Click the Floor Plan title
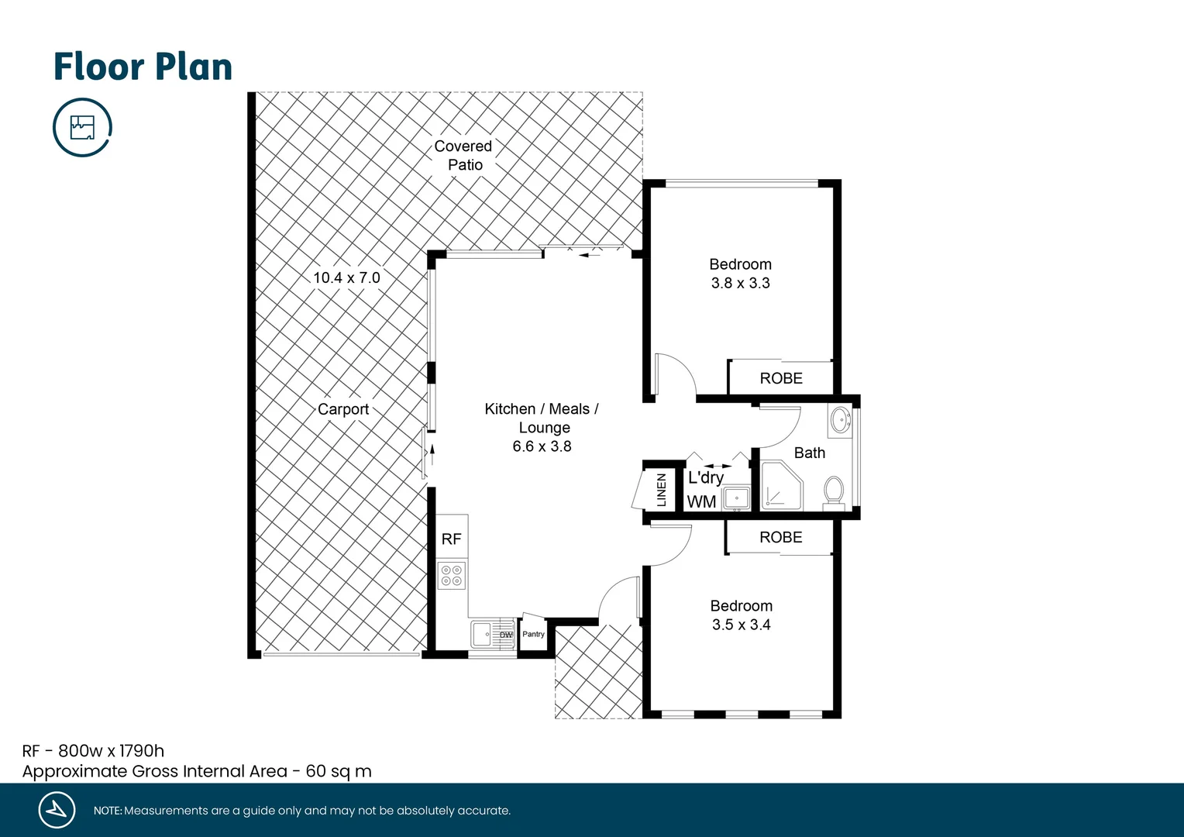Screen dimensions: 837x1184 [x=143, y=67]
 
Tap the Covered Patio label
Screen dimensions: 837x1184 [x=463, y=155]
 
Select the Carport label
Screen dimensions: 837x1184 [x=343, y=409]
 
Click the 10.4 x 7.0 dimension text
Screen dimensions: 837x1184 [x=346, y=277]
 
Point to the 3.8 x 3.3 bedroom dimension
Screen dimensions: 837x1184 [x=741, y=283]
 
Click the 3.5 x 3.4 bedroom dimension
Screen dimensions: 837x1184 [x=742, y=625]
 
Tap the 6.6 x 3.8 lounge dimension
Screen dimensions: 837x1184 [x=542, y=446]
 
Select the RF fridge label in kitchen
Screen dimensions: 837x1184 [x=451, y=539]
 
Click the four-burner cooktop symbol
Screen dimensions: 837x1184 [x=452, y=575]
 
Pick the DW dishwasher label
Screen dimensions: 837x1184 [x=506, y=635]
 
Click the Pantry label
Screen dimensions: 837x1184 [x=533, y=634]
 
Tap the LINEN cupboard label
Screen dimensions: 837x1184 [x=661, y=490]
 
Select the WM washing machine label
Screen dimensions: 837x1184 [x=701, y=501]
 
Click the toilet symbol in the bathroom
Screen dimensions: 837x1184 [x=834, y=491]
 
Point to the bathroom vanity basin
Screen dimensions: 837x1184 [x=840, y=421]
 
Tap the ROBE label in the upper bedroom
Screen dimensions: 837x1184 [x=781, y=378]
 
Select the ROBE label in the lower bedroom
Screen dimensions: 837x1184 [x=781, y=537]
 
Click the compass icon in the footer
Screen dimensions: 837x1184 [x=57, y=810]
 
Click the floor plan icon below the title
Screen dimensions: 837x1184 [x=82, y=127]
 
